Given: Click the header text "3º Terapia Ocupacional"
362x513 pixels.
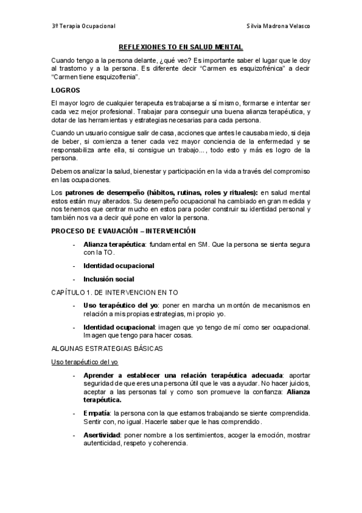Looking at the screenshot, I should pyautogui.click(x=83, y=27).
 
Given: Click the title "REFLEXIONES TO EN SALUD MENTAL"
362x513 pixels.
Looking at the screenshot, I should pyautogui.click(x=181, y=47).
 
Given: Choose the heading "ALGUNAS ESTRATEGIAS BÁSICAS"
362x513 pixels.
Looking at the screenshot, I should pyautogui.click(x=107, y=348).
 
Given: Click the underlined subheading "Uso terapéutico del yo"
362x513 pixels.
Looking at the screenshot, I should pyautogui.click(x=84, y=362).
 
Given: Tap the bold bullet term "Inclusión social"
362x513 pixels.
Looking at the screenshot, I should pyautogui.click(x=109, y=279).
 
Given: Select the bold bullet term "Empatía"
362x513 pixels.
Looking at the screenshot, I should pyautogui.click(x=97, y=413).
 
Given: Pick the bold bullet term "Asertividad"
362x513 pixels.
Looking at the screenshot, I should pyautogui.click(x=102, y=436).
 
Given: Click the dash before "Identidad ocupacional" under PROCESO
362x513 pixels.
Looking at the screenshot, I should pyautogui.click(x=74, y=266).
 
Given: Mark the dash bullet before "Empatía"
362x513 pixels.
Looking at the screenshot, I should pyautogui.click(x=74, y=413).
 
